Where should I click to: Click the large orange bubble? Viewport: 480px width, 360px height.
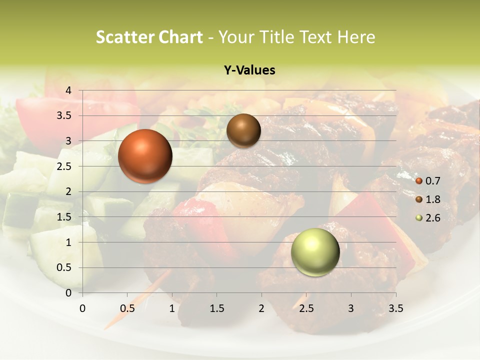[145, 156]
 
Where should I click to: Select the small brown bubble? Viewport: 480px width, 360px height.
[243, 130]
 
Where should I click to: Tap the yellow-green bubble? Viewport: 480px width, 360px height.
[315, 252]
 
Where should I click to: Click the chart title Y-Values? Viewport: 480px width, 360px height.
[249, 70]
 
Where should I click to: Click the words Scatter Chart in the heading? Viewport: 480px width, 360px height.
[149, 37]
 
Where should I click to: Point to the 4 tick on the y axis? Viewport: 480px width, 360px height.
[68, 90]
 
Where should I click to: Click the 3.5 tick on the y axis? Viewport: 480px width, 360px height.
[64, 115]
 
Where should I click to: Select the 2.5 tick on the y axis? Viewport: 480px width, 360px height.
[64, 166]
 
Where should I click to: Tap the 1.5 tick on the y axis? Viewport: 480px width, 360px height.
[64, 217]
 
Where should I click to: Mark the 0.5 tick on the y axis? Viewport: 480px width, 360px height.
[64, 268]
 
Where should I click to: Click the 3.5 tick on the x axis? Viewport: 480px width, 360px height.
[395, 308]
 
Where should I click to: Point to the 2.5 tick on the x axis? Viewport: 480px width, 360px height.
[306, 308]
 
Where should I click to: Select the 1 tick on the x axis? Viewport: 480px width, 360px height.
[172, 308]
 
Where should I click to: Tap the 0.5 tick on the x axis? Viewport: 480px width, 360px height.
[127, 308]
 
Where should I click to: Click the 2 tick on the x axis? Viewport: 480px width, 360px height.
[261, 308]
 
